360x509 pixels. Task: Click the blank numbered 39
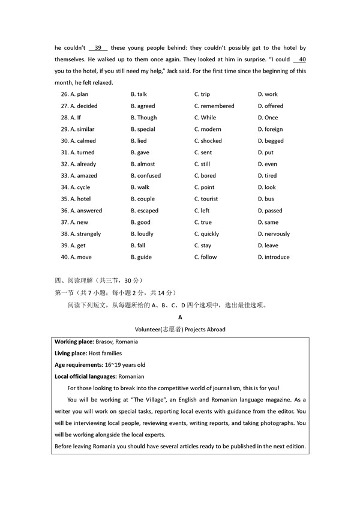pyautogui.click(x=98, y=48)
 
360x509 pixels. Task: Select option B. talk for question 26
pyautogui.click(x=139, y=94)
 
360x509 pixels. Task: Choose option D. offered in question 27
pyautogui.click(x=270, y=106)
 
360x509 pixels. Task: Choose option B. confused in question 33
pyautogui.click(x=146, y=176)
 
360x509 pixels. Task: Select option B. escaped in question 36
pyautogui.click(x=145, y=211)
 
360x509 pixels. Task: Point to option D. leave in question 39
pyautogui.click(x=268, y=245)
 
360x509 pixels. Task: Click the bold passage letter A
pyautogui.click(x=180, y=317)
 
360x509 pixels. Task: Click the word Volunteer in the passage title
pyautogui.click(x=151, y=329)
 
